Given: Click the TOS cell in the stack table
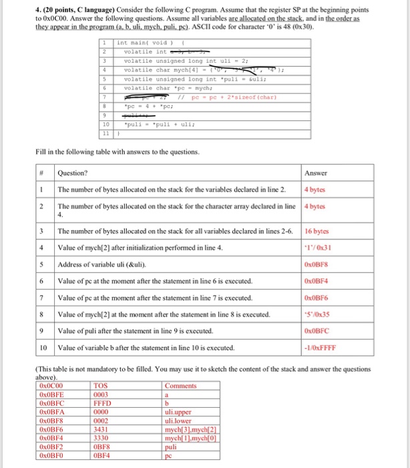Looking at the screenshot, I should [x=100, y=386].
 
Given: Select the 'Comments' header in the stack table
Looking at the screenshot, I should [x=180, y=386].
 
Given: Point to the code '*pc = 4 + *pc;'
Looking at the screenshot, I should [x=148, y=105].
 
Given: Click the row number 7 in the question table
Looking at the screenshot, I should [x=42, y=298].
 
